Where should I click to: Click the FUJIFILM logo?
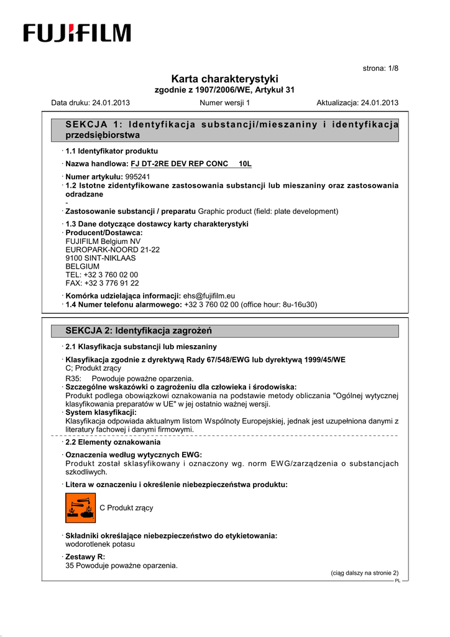click(x=77, y=33)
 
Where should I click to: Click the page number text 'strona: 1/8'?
click(x=380, y=68)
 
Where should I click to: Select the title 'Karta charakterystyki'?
click(x=224, y=79)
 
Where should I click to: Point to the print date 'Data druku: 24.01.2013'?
click(x=90, y=103)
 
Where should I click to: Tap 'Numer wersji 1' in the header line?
click(x=224, y=103)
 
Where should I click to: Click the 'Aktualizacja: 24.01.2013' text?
click(x=357, y=103)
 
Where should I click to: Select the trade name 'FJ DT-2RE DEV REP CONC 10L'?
click(x=191, y=164)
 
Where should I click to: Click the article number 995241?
click(x=137, y=177)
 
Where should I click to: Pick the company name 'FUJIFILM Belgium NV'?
click(x=103, y=241)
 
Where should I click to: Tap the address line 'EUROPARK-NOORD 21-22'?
click(x=112, y=249)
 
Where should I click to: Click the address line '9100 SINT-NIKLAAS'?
click(x=100, y=258)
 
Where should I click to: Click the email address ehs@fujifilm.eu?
click(x=209, y=296)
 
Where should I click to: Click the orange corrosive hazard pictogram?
click(x=80, y=508)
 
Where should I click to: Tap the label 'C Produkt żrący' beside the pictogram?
click(x=126, y=508)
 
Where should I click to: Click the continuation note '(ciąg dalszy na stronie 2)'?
click(x=364, y=573)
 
